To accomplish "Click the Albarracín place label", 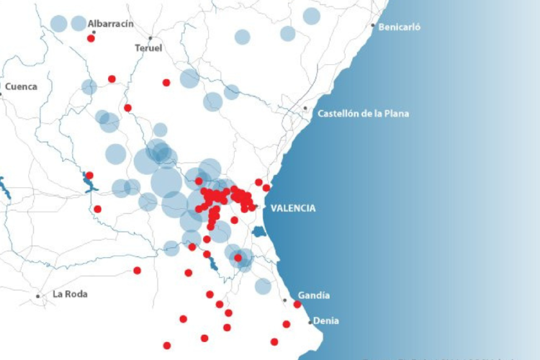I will click(111, 24).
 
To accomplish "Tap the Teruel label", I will click(148, 48).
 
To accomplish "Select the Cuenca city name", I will click(21, 87).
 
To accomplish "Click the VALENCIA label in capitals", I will click(292, 208).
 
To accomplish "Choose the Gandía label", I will click(313, 295).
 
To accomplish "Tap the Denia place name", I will click(326, 321).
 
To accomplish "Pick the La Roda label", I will click(70, 294).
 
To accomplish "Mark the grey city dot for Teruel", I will click(150, 38).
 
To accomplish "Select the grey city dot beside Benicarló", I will click(373, 26).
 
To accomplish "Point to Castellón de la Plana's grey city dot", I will click(305, 109).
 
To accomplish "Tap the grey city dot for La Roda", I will click(38, 296).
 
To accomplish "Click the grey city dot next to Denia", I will click(310, 322).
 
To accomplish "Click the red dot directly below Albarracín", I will click(91, 38).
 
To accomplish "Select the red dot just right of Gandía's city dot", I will click(297, 305).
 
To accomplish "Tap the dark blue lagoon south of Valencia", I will click(258, 233).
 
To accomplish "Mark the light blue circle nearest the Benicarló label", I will click(312, 16).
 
